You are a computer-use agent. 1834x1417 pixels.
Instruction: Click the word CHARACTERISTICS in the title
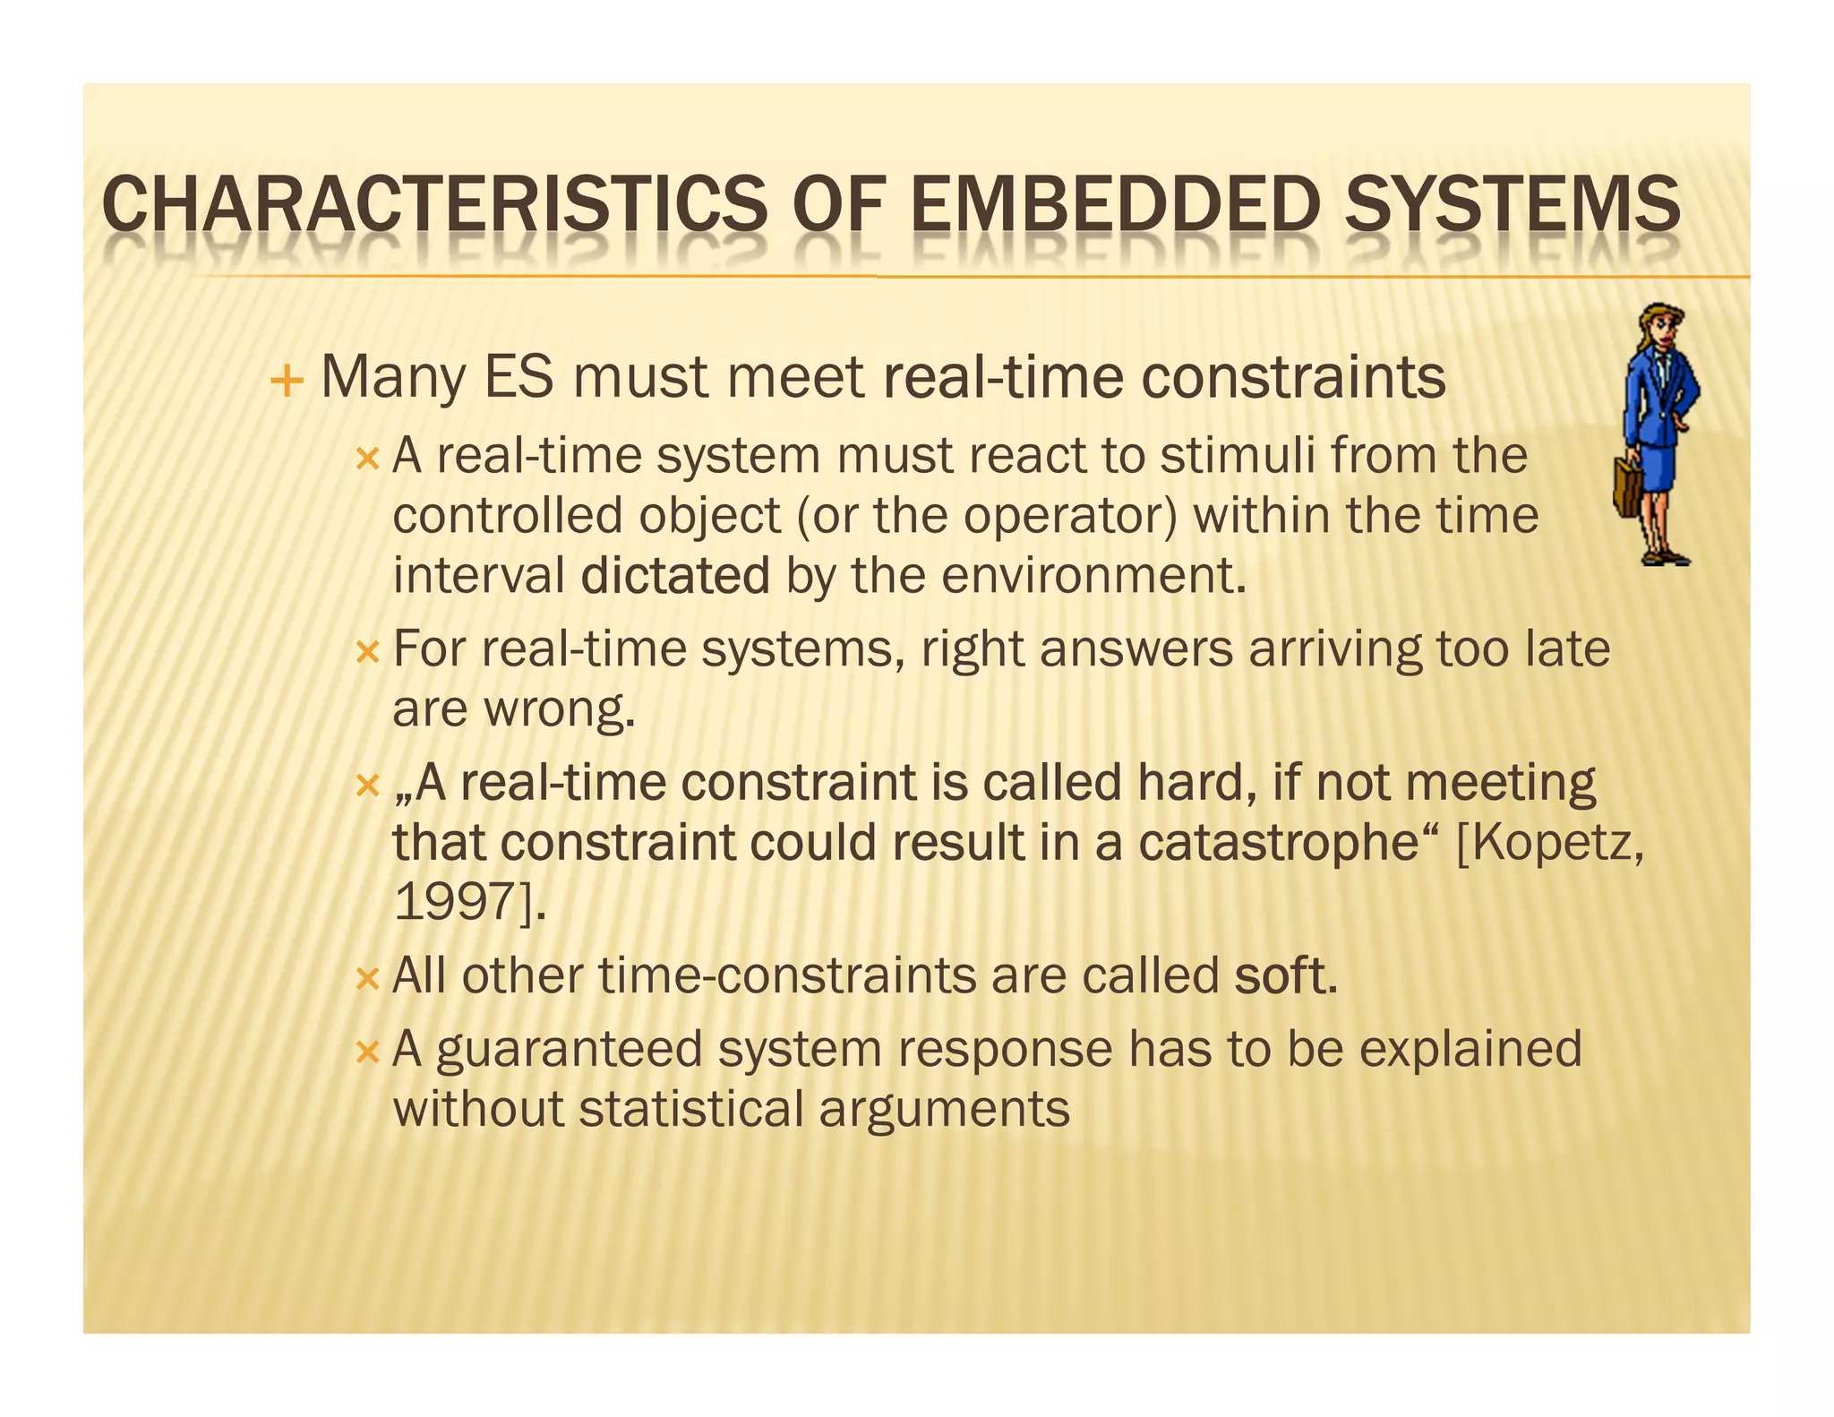[x=434, y=205]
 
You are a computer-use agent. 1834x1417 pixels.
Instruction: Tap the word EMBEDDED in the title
[x=1115, y=205]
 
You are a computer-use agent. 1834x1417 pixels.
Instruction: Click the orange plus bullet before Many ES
[x=287, y=382]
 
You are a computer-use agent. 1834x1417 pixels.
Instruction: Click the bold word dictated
[x=674, y=575]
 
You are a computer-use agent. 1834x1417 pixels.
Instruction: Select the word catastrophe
[x=1279, y=842]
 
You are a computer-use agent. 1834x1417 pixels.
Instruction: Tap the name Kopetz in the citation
[x=1553, y=844]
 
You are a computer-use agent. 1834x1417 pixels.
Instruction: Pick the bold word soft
[x=1284, y=975]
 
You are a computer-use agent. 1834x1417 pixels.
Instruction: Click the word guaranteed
[x=569, y=1049]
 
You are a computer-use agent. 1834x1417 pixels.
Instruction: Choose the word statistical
[x=691, y=1109]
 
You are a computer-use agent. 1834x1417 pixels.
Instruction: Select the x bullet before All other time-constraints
[x=367, y=978]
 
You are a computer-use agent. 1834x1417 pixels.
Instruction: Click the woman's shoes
[x=1666, y=557]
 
